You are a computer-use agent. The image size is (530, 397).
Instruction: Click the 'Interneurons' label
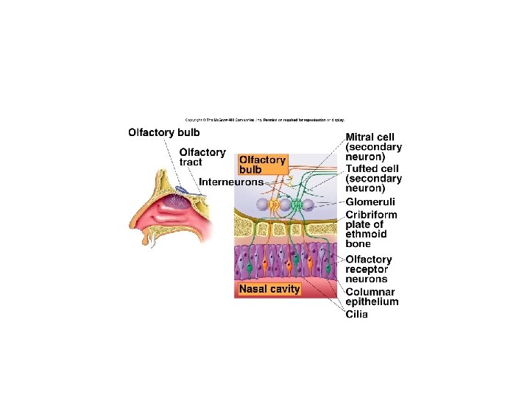231,182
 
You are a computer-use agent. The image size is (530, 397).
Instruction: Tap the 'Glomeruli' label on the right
370,201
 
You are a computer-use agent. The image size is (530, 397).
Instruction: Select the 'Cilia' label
357,315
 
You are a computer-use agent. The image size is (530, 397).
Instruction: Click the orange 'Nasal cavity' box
269,289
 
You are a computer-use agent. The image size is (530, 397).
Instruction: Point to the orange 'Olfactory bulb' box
262,164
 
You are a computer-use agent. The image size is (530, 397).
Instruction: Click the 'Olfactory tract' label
202,157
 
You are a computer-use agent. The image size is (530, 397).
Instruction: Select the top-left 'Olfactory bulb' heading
163,133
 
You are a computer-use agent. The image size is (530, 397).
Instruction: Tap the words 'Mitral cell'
370,137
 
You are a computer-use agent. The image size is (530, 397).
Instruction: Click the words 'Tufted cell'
371,168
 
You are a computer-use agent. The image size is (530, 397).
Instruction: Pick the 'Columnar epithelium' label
372,296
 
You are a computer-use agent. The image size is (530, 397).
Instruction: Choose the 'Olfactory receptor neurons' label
369,269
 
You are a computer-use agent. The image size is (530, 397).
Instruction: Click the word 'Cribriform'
371,215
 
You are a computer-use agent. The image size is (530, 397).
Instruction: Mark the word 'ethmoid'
366,235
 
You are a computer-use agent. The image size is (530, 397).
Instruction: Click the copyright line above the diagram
264,119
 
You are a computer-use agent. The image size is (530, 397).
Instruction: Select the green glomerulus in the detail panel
297,204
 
